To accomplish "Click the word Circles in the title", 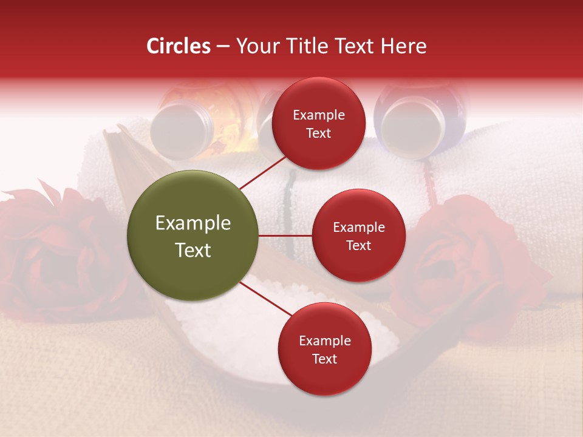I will pyautogui.click(x=179, y=46).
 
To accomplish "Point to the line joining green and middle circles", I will pyautogui.click(x=285, y=235).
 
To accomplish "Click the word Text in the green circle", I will pyautogui.click(x=193, y=250).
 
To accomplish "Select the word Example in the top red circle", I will pyautogui.click(x=319, y=115).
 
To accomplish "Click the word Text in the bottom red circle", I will pyautogui.click(x=324, y=359).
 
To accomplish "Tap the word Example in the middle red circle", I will pyautogui.click(x=358, y=228).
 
